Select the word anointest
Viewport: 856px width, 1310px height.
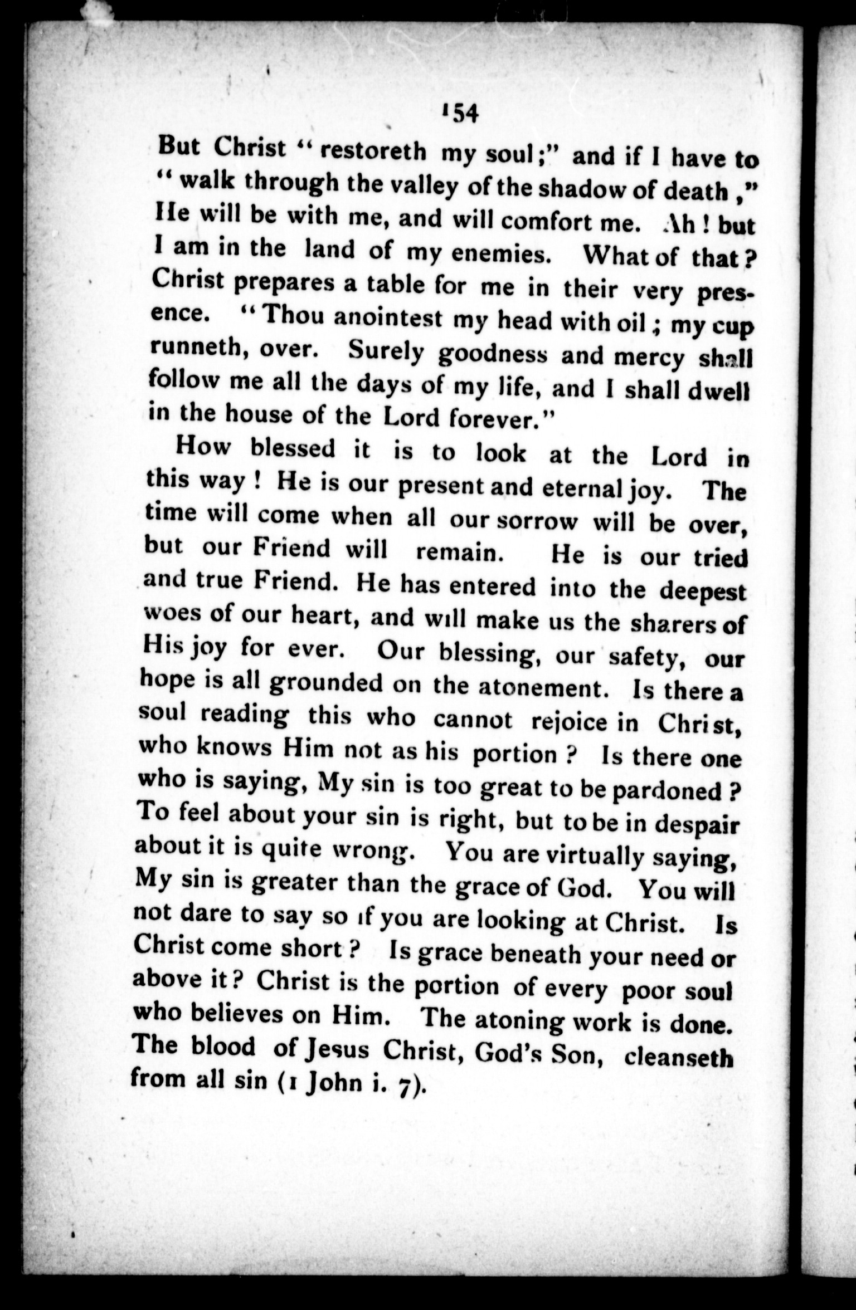tap(390, 319)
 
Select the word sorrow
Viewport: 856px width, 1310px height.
tap(537, 521)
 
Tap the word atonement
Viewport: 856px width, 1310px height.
tap(542, 689)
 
